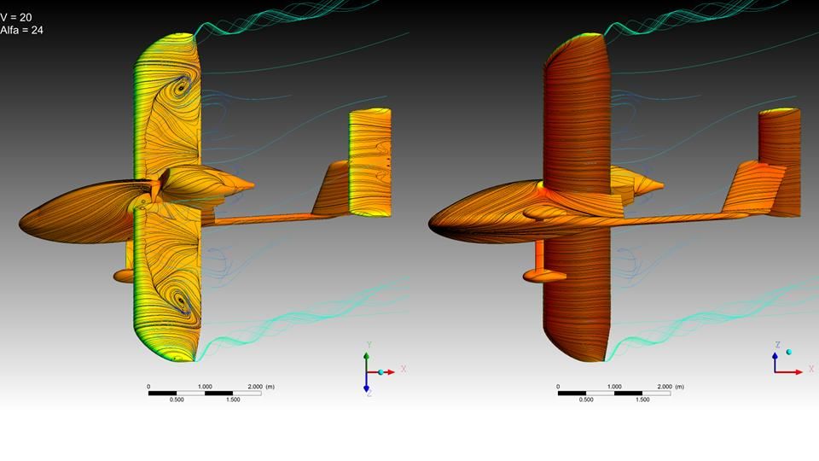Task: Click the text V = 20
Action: pos(15,17)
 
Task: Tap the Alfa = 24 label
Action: pos(21,31)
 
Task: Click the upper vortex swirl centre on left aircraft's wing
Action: pos(182,87)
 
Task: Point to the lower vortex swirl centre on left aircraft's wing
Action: pos(181,301)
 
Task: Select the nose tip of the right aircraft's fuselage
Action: pos(429,225)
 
